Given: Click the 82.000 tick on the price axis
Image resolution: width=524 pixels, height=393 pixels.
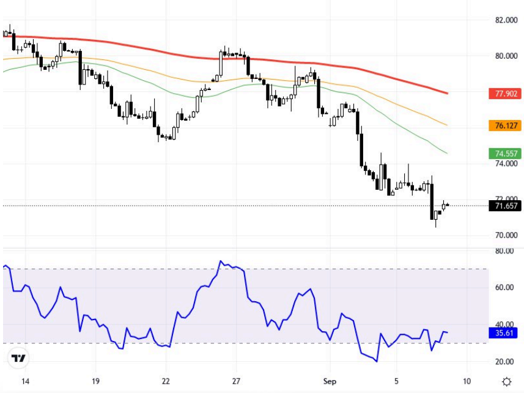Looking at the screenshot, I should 507,20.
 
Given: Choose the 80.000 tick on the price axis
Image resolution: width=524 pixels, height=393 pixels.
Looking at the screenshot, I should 507,56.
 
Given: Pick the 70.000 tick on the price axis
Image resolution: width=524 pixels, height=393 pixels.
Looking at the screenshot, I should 507,235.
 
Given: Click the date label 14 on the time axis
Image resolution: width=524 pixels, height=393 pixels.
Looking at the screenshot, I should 25,381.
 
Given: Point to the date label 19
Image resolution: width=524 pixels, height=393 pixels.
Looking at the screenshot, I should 95,381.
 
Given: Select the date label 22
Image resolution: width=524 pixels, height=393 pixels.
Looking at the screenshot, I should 166,381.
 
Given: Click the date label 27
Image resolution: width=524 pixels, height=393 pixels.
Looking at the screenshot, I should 237,381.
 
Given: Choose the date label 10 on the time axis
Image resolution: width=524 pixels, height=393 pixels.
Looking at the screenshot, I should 467,381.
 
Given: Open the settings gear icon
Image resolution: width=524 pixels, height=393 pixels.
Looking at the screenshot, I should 506,381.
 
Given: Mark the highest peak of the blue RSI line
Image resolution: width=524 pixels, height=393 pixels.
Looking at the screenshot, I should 221,261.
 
